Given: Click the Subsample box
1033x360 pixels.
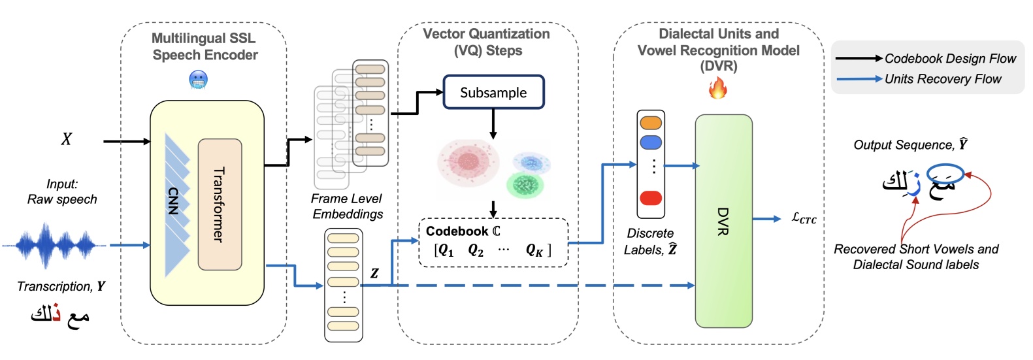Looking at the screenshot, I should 493,92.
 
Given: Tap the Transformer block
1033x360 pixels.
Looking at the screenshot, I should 220,205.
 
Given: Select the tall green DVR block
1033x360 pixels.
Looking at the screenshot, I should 723,221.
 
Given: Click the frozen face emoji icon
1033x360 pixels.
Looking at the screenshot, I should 198,80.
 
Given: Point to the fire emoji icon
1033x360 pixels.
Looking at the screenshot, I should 717,88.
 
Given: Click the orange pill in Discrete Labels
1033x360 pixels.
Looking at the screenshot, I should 651,123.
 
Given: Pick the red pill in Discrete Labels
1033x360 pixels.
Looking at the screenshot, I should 651,198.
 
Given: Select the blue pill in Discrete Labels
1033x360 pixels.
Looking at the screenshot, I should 651,142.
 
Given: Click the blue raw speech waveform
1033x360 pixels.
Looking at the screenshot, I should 55,246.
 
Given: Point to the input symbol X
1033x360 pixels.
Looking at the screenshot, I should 67,139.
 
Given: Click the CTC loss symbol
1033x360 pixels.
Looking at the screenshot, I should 804,219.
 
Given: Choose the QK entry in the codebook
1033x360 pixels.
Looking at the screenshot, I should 534,250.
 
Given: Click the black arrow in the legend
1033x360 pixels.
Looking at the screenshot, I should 859,59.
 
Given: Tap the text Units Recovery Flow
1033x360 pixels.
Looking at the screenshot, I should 942,79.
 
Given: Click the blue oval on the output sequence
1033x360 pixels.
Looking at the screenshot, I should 945,173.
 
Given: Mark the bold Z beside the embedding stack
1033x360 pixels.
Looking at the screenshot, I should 374,273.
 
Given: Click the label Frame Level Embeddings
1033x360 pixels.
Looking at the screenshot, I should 347,206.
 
